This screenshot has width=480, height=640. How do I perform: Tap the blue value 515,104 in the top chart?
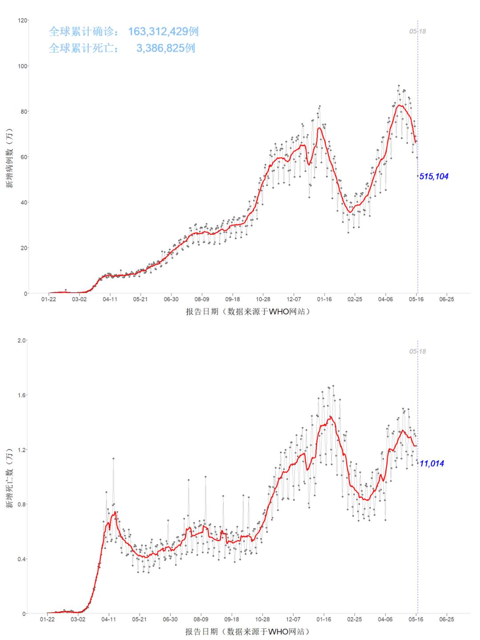click(x=434, y=177)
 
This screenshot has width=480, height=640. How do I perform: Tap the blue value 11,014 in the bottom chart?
click(x=432, y=463)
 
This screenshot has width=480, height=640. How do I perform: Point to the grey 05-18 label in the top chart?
click(x=417, y=32)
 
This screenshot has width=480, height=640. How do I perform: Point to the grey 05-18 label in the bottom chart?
click(x=417, y=351)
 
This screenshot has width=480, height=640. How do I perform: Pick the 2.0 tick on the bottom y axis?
click(x=22, y=340)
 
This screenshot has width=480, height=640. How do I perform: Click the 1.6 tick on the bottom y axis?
click(x=22, y=395)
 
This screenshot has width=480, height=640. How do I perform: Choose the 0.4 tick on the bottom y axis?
click(x=22, y=559)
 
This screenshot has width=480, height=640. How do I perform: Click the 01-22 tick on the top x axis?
click(x=48, y=299)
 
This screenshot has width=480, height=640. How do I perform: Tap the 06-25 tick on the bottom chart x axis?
click(x=446, y=619)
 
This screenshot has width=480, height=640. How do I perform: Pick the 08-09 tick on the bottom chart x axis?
click(x=201, y=619)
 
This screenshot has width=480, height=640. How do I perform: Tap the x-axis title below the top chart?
click(x=248, y=312)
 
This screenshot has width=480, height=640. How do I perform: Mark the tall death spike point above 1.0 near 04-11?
click(x=113, y=458)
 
